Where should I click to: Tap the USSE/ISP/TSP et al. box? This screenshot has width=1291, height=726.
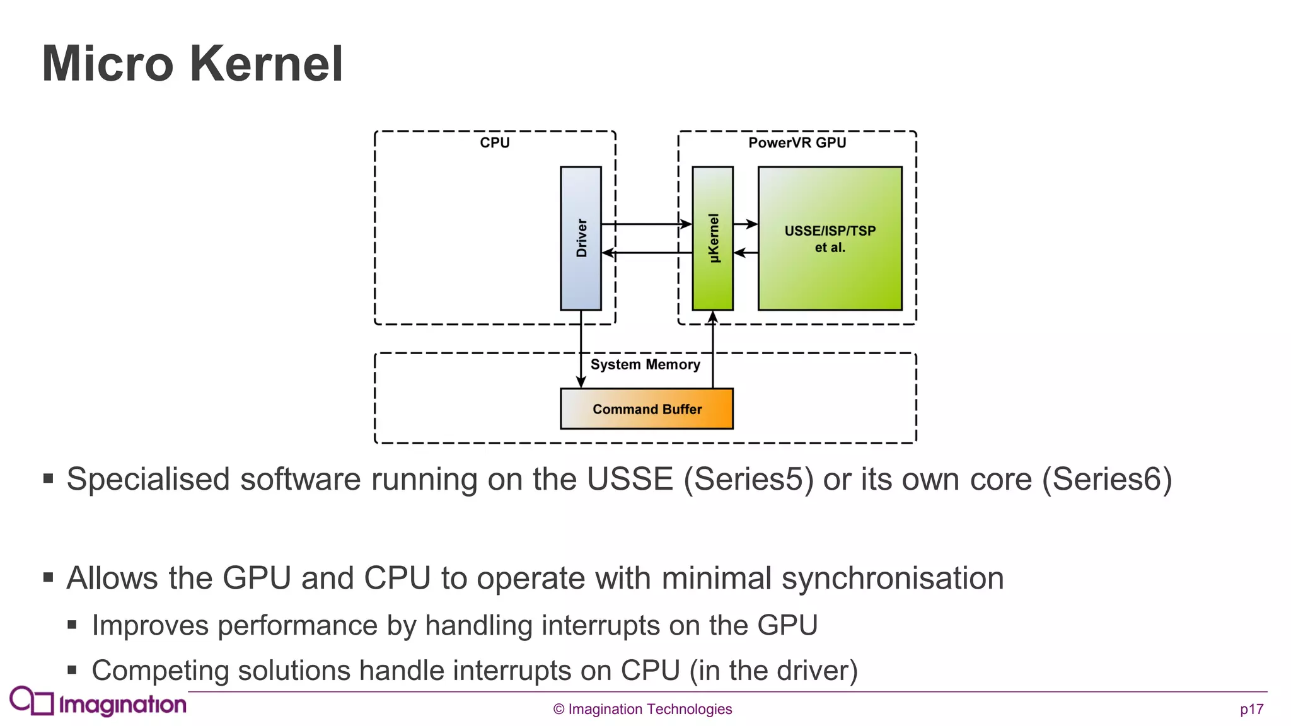click(x=830, y=238)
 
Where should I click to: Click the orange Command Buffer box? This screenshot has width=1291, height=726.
click(x=647, y=409)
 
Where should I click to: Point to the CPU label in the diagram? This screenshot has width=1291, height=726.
click(x=494, y=142)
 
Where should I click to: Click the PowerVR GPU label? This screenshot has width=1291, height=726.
click(x=797, y=142)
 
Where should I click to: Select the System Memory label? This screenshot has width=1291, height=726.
click(x=645, y=364)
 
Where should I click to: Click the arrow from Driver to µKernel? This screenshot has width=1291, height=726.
click(x=646, y=224)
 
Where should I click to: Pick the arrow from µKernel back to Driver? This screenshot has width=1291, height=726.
click(x=646, y=253)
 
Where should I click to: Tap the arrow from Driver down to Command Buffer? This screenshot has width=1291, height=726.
click(x=581, y=350)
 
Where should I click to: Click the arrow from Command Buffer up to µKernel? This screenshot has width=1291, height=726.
click(x=713, y=350)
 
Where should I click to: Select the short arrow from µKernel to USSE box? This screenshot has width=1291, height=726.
click(x=745, y=224)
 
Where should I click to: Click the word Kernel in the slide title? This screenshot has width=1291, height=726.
click(x=266, y=64)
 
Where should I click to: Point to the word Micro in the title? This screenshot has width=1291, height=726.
click(x=107, y=64)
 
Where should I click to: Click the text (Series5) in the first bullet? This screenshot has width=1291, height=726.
click(x=749, y=479)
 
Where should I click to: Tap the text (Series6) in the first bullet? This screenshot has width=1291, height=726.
click(x=1107, y=479)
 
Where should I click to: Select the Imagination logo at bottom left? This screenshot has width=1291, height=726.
click(x=98, y=702)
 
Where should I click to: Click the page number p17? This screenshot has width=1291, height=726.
click(x=1251, y=709)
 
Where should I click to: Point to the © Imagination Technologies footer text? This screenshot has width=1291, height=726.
click(x=642, y=709)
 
